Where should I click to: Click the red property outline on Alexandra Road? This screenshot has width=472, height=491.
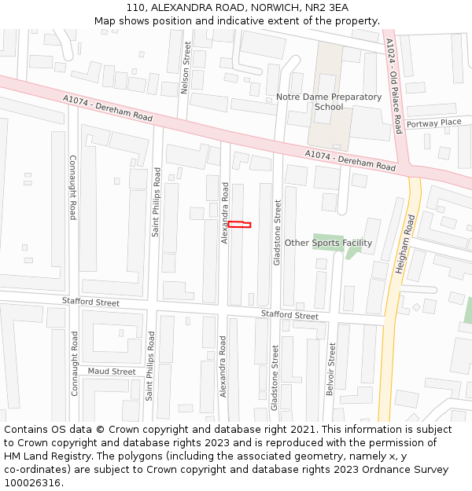pyautogui.click(x=239, y=225)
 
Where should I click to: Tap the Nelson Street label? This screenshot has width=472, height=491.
pyautogui.click(x=186, y=68)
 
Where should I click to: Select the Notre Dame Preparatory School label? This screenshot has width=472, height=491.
pyautogui.click(x=329, y=101)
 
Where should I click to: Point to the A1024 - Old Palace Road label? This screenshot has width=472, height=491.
pyautogui.click(x=394, y=86)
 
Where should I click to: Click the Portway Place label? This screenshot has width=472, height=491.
pyautogui.click(x=433, y=123)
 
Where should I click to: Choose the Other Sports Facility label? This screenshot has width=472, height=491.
pyautogui.click(x=328, y=243)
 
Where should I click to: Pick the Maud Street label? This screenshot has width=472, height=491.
pyautogui.click(x=112, y=372)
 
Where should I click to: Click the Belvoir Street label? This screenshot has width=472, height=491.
pyautogui.click(x=332, y=369)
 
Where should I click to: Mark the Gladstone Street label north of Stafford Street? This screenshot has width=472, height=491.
pyautogui.click(x=277, y=232)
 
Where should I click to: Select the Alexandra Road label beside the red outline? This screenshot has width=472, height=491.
pyautogui.click(x=225, y=213)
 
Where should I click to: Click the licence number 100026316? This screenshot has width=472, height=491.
pyautogui.click(x=33, y=482)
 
